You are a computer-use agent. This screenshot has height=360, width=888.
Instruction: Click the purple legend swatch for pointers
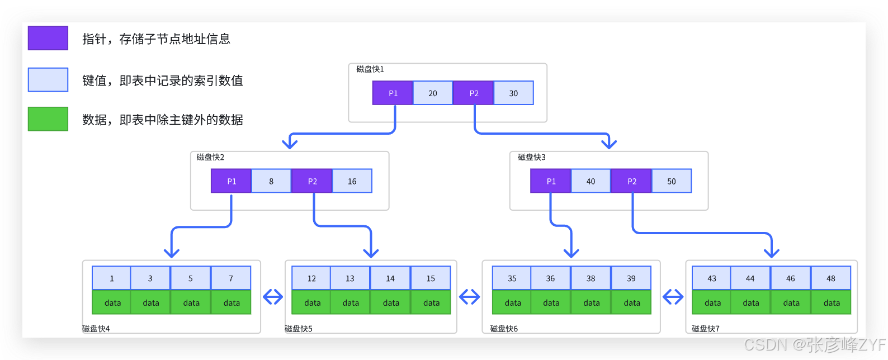click(x=48, y=38)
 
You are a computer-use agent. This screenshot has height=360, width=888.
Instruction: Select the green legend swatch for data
click(x=48, y=119)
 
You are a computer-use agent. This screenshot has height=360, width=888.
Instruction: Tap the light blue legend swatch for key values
click(x=48, y=80)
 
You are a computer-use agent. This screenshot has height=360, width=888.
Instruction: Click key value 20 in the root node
click(x=432, y=93)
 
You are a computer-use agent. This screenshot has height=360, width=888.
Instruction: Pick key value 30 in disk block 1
click(x=513, y=93)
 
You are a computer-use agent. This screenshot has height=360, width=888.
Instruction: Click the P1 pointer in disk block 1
click(x=393, y=93)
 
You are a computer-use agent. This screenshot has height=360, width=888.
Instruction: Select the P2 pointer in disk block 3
click(x=631, y=181)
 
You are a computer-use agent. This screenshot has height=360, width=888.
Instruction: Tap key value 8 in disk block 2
click(x=271, y=181)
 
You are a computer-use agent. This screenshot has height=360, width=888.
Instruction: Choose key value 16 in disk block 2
click(x=352, y=181)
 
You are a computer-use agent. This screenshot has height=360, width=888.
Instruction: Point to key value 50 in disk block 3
click(x=672, y=181)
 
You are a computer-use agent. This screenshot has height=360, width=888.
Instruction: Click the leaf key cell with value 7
click(x=231, y=278)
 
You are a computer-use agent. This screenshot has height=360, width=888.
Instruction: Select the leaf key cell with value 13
click(x=350, y=278)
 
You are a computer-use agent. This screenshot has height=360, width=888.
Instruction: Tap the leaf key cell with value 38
click(x=591, y=278)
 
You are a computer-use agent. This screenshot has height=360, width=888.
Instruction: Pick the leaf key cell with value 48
click(x=831, y=278)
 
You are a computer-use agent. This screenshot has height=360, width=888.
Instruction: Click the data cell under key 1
click(x=111, y=302)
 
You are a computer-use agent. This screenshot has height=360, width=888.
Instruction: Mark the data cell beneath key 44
click(x=750, y=302)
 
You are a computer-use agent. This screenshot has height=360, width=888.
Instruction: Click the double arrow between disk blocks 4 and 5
click(x=273, y=297)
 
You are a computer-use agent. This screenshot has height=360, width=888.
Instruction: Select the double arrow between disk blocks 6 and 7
click(x=673, y=297)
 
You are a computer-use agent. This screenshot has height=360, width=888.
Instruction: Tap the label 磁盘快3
click(x=532, y=157)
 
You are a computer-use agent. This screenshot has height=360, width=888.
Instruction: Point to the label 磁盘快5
click(x=299, y=328)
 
